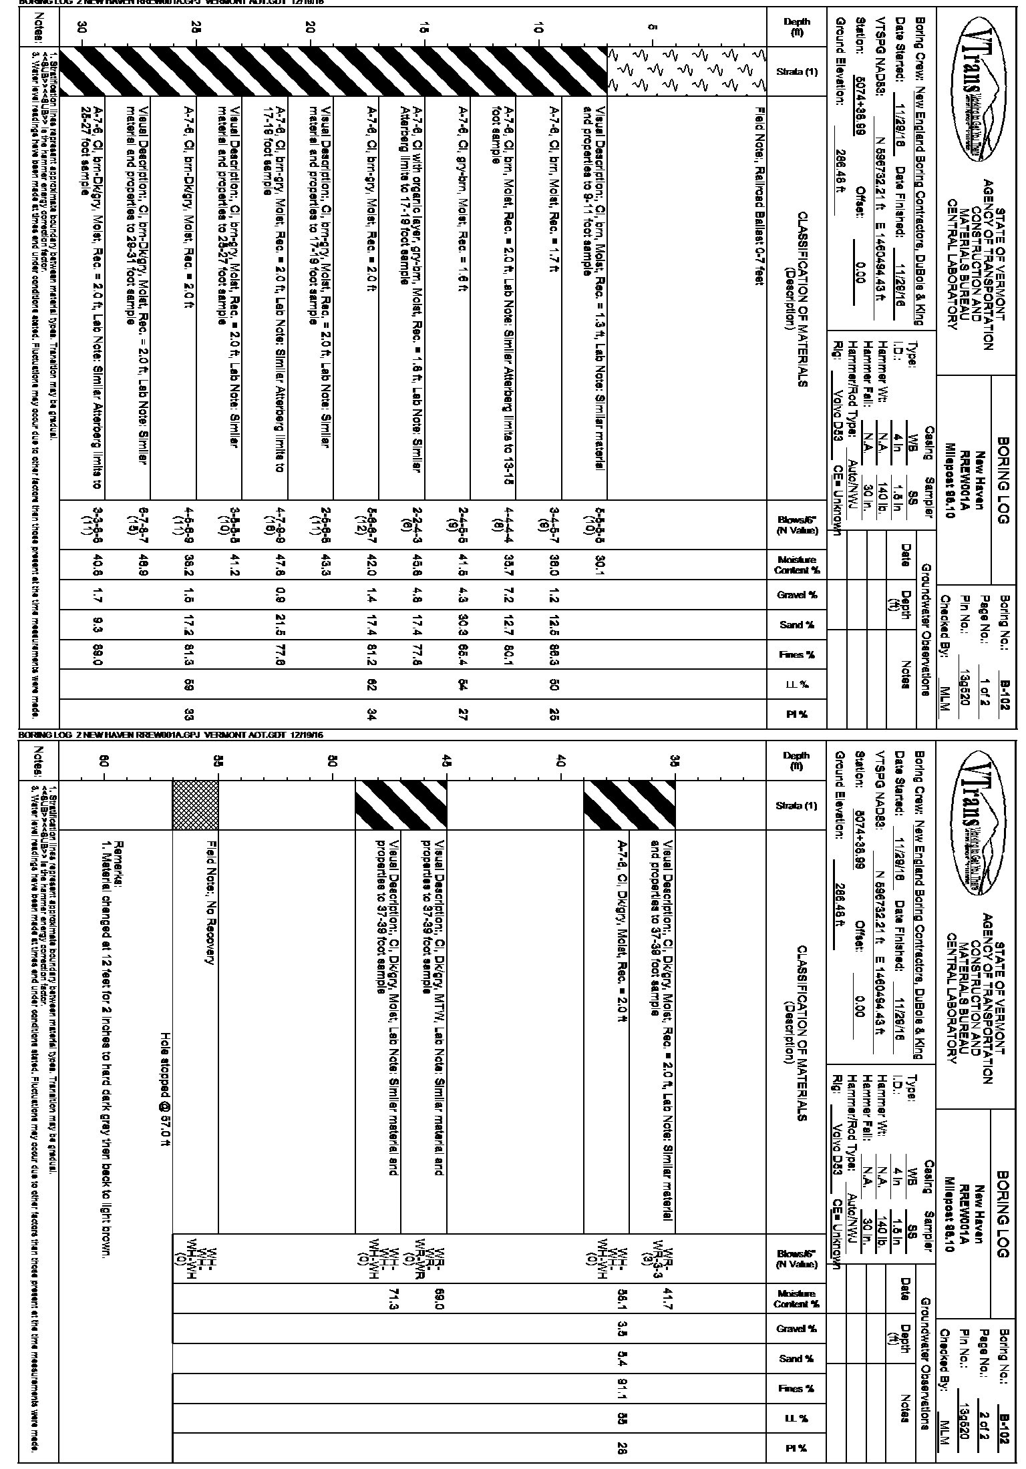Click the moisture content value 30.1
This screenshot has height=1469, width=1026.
592,566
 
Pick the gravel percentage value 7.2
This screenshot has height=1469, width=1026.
508,595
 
